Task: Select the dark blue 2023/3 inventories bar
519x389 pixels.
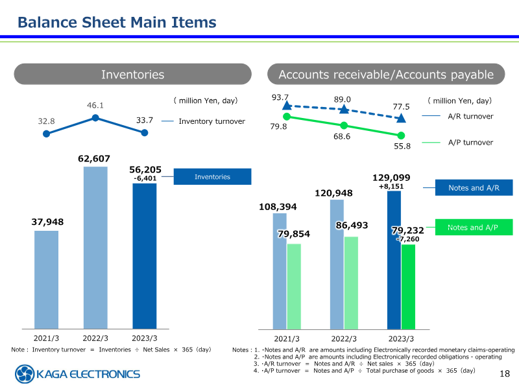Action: point(144,255)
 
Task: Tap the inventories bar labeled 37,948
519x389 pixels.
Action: point(46,279)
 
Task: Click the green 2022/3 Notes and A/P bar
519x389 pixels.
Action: point(351,283)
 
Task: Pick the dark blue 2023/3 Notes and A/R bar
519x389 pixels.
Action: point(394,259)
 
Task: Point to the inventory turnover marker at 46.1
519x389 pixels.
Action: point(95,117)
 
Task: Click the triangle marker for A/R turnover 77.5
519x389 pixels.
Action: point(401,118)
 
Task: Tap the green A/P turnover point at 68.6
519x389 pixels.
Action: point(344,125)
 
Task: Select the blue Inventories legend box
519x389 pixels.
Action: point(212,177)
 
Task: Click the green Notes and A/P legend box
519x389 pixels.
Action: point(475,228)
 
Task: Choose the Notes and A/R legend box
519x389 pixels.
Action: point(475,188)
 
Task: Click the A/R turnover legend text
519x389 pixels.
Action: point(470,117)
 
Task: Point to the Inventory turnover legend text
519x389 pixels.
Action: point(211,121)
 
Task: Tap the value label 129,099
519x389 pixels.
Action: point(391,177)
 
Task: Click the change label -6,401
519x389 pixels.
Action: point(145,178)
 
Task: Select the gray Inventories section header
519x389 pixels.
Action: point(132,75)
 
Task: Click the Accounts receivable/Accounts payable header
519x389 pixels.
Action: point(386,75)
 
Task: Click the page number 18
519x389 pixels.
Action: point(505,374)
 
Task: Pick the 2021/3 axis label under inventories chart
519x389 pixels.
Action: point(46,338)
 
